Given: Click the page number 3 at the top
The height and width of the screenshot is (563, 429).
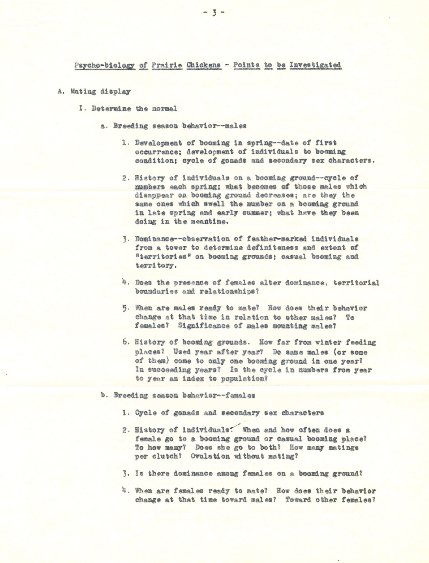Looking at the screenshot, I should pyautogui.click(x=214, y=13).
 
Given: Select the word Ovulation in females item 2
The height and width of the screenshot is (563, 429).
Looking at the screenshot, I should pyautogui.click(x=210, y=456).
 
